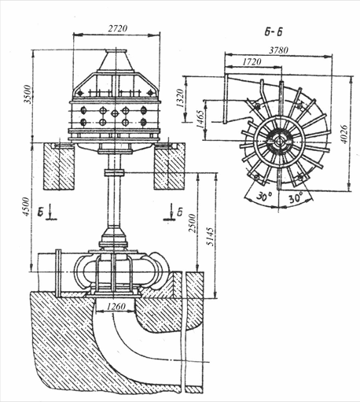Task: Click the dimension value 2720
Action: [118, 28]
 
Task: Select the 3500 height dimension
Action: [28, 94]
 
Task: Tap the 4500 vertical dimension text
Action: [27, 207]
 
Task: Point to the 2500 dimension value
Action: [193, 223]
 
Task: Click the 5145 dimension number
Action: [211, 237]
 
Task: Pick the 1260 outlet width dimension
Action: [116, 306]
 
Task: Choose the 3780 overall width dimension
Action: [279, 50]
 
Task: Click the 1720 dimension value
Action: [252, 61]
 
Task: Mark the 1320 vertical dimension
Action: [180, 98]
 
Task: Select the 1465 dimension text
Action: [200, 120]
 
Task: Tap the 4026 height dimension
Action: [344, 134]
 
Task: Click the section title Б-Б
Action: [274, 32]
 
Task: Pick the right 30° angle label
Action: [296, 197]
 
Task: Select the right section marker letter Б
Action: [179, 212]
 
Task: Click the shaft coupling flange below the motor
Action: [114, 173]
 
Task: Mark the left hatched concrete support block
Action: [59, 166]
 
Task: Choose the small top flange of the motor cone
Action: [116, 51]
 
